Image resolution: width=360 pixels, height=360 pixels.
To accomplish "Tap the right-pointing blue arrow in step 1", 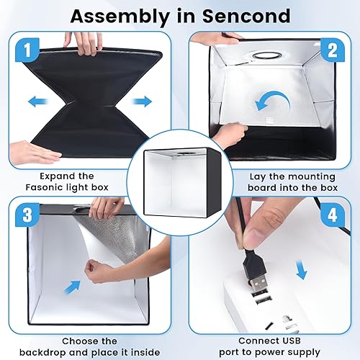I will pyautogui.click(x=143, y=102).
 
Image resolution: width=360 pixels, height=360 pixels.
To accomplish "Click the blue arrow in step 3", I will pyautogui.click(x=72, y=286).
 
